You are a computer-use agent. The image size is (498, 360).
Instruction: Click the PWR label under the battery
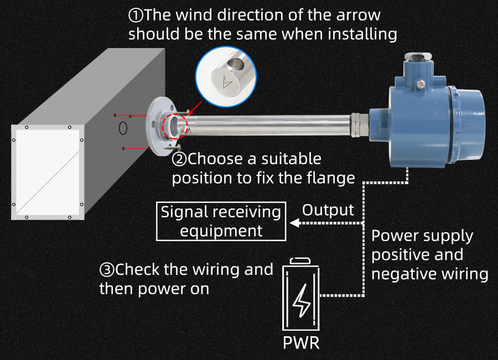point(301,342)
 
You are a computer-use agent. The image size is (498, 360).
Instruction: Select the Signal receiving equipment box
point(221,221)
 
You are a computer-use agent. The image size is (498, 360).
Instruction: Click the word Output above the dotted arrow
point(328,210)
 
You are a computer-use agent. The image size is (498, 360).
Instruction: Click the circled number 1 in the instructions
point(136,15)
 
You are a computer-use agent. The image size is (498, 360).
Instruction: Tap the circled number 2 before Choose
point(179,160)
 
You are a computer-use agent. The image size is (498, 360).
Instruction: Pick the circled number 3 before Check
point(107,270)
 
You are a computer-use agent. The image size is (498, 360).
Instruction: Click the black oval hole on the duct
point(123,128)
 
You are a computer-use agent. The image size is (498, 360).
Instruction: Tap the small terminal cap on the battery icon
point(302,260)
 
